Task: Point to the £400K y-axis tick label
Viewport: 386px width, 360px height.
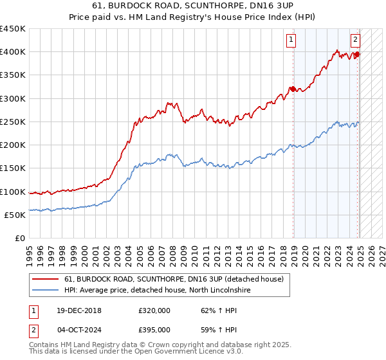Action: coord(12,52)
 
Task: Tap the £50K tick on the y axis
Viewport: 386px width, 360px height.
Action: coord(15,215)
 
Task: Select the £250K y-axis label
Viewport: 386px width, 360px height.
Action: coord(12,122)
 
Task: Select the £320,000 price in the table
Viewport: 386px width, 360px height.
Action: coord(154,310)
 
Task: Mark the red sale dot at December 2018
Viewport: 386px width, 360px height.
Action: coord(293,89)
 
